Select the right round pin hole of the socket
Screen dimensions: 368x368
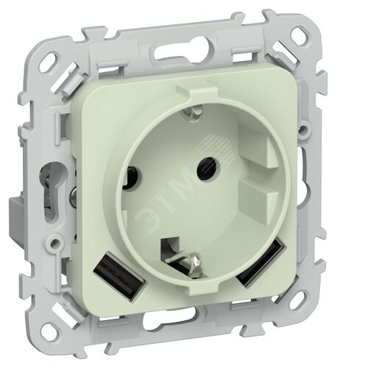[x=207, y=168]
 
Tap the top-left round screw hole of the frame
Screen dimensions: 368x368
[x=54, y=60]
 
